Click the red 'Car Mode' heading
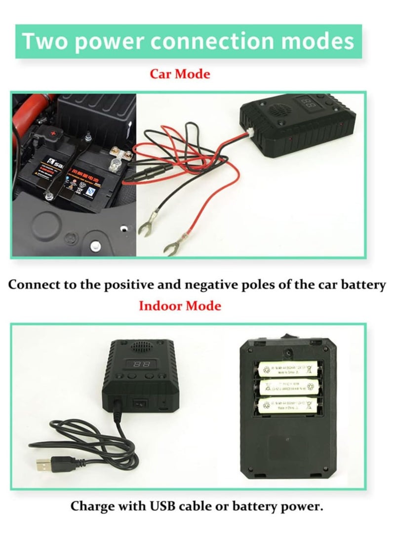tap(180, 74)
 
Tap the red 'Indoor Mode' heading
tap(180, 306)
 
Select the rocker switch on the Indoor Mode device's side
tap(139, 403)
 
